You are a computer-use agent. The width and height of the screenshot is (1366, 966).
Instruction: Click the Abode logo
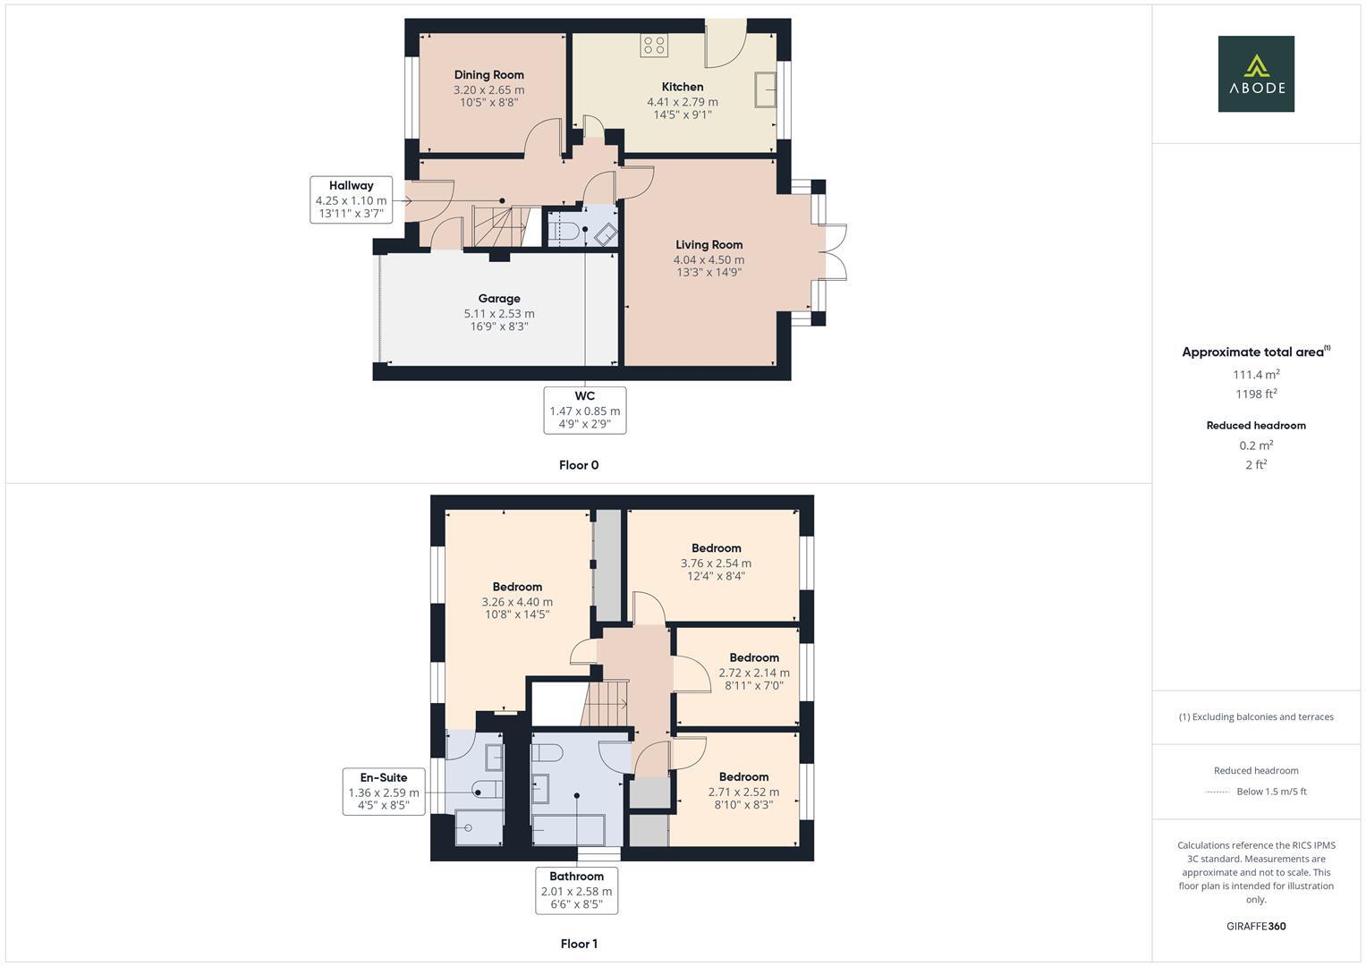click(x=1255, y=74)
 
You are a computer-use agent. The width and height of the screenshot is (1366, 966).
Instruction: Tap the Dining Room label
click(x=488, y=75)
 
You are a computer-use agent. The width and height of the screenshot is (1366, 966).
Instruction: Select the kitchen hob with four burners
click(x=654, y=45)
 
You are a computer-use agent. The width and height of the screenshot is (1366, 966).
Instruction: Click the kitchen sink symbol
click(x=766, y=89)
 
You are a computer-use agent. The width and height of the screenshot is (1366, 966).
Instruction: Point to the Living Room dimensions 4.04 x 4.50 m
click(x=708, y=259)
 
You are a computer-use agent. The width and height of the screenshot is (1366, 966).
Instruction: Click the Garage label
click(x=498, y=299)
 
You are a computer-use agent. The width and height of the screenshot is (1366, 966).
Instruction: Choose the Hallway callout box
click(x=351, y=200)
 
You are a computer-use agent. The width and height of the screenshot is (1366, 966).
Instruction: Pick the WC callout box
click(x=584, y=411)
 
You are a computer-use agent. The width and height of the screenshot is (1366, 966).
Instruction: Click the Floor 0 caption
click(x=578, y=465)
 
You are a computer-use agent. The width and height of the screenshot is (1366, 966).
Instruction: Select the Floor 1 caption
click(x=578, y=944)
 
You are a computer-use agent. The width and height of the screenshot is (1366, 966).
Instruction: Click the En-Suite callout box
click(x=383, y=792)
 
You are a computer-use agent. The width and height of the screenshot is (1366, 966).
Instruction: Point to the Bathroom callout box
click(x=576, y=891)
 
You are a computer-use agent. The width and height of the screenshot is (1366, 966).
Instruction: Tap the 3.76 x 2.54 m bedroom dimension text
click(x=716, y=563)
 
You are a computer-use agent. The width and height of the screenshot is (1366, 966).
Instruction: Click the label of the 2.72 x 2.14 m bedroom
click(x=753, y=657)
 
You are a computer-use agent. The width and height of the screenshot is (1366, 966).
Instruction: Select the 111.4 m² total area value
click(x=1255, y=375)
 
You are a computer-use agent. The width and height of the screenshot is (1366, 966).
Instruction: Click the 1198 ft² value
click(x=1255, y=394)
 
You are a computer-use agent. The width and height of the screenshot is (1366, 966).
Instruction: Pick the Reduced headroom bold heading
click(x=1255, y=426)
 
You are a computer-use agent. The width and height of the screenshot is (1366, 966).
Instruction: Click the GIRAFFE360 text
click(x=1255, y=927)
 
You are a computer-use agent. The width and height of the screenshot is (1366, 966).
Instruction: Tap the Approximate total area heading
click(x=1255, y=352)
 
